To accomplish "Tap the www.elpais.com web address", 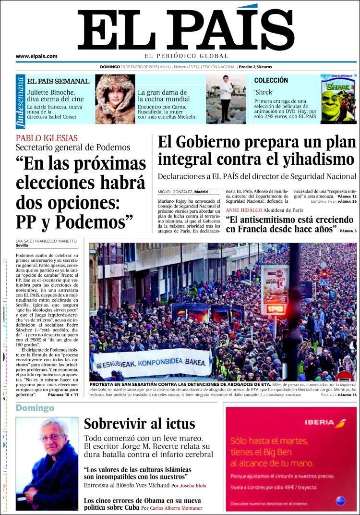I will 36,56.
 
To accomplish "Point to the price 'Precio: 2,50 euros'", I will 255,67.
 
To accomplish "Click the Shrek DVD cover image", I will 338,98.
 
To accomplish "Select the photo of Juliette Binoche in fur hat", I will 115,99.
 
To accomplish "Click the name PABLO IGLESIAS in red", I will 47,138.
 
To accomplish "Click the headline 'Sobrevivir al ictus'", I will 139,424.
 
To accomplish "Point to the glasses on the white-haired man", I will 52,438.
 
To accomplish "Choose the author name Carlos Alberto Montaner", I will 176,508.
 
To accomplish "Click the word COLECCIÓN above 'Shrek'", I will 271,80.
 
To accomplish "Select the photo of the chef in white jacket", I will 226,99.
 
